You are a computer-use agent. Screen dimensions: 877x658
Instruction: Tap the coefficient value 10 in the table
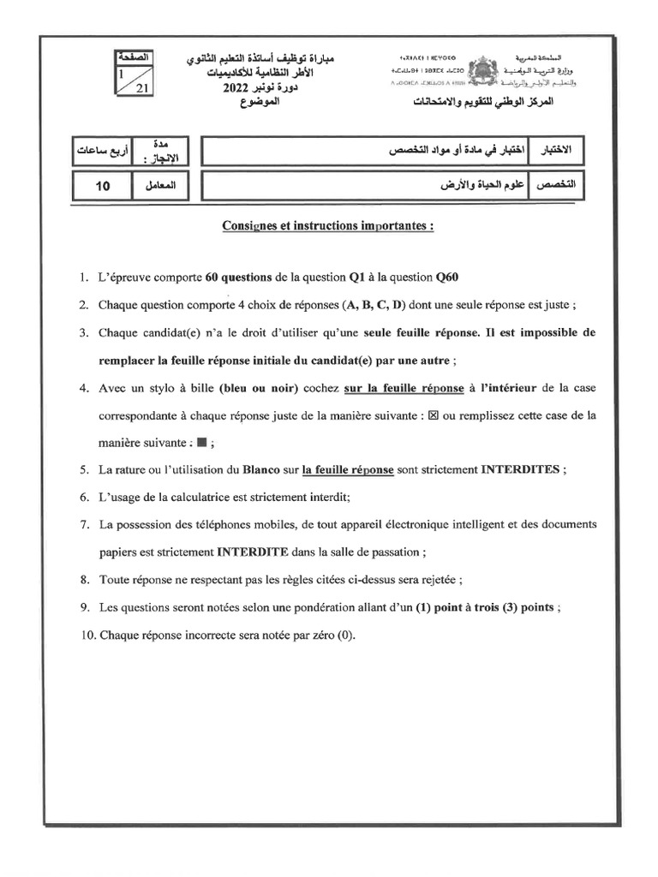point(102,184)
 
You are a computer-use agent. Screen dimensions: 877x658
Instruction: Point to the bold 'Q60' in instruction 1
point(453,277)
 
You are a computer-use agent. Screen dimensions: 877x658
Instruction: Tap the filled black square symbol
point(200,443)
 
